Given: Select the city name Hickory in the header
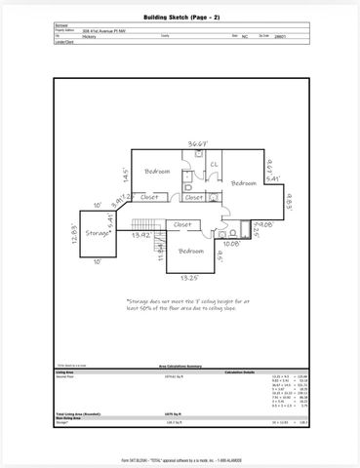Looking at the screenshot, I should [x=90, y=35].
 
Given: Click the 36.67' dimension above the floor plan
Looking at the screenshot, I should [x=199, y=143].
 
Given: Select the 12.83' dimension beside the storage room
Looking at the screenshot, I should [x=75, y=237].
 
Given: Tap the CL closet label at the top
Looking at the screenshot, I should [x=214, y=164].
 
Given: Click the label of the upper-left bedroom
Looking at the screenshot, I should [x=158, y=172].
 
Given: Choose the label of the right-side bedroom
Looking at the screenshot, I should [x=242, y=183].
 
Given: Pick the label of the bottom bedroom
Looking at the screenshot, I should [x=191, y=251].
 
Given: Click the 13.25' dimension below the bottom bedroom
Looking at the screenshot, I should [x=190, y=278].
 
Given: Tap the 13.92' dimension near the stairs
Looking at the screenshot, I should [x=142, y=235].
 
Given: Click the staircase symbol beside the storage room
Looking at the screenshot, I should [x=142, y=225].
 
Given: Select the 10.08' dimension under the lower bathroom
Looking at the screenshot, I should [x=230, y=244].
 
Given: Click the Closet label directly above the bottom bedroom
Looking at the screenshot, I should [x=182, y=224].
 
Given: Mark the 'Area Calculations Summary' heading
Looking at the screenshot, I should [x=180, y=367].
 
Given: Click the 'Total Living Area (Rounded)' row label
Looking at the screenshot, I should [x=79, y=414].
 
